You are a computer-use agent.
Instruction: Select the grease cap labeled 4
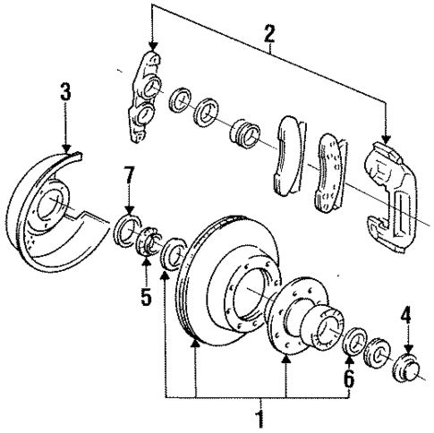pos(407,368)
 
